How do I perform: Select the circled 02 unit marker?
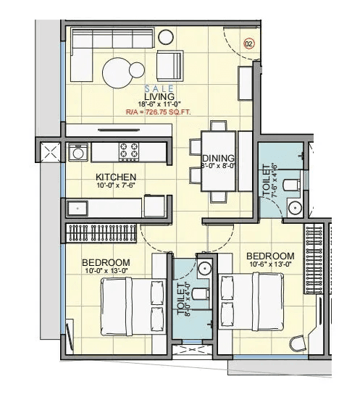point(248,43)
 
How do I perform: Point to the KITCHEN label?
point(117,176)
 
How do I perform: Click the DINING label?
point(217,159)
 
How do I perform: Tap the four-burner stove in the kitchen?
point(129,151)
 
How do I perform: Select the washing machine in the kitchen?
point(78,152)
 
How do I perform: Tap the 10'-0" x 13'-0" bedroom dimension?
point(106,271)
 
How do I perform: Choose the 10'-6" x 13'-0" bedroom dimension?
point(270,266)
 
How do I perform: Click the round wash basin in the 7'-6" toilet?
point(296,208)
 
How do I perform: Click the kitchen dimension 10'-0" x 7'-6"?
point(117,185)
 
